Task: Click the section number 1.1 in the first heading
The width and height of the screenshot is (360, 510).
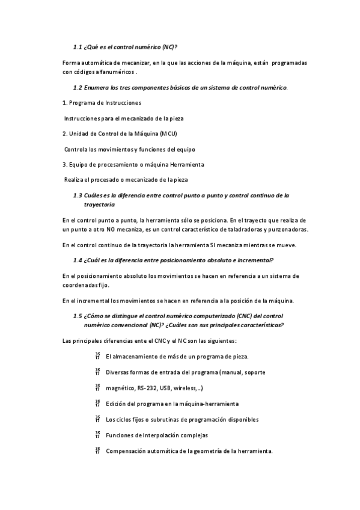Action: tap(77, 47)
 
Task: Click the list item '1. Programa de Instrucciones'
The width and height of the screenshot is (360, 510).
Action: tap(102, 103)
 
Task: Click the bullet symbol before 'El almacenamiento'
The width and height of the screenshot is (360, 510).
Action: tap(97, 356)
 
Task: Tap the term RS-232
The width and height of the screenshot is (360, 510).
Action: tap(149, 388)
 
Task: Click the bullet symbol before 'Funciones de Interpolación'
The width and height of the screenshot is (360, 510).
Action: tap(97, 435)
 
